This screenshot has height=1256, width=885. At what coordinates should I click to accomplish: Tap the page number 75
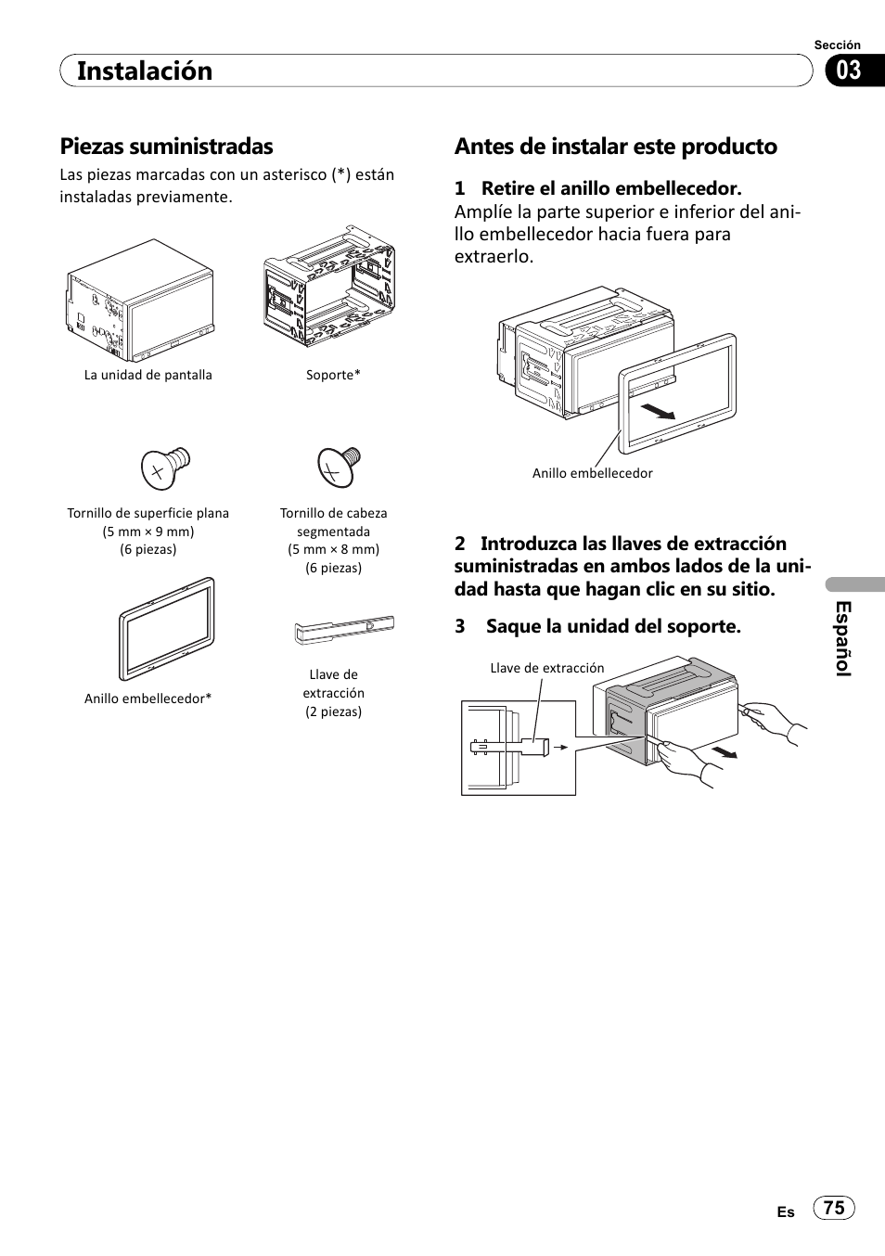coord(834,1207)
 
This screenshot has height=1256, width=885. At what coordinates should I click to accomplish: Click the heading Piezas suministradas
coord(167,146)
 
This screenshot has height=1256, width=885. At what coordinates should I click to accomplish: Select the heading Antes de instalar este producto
coord(616,146)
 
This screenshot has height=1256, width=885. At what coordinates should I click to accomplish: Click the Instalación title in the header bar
coord(145,70)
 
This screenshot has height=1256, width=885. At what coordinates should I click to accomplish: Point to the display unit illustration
coord(140,300)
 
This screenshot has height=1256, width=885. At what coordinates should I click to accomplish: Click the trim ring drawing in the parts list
coord(166,628)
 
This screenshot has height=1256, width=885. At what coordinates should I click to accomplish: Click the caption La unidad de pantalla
coord(148,375)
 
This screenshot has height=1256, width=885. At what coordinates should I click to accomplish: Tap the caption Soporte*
coord(333,375)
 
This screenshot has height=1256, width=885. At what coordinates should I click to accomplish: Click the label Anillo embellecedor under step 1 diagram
coord(592,473)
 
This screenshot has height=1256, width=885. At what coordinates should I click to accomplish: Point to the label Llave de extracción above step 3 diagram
coord(546,668)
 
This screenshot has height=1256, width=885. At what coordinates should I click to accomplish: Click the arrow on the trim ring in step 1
coord(660,410)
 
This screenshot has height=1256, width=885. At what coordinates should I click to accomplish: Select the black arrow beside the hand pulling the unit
coord(725,750)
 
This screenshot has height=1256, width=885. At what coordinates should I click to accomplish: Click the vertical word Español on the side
coord(842,638)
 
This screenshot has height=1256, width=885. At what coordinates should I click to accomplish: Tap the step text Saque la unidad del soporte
coord(613,626)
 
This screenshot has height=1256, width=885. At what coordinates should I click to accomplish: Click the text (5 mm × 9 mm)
coord(148,532)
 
